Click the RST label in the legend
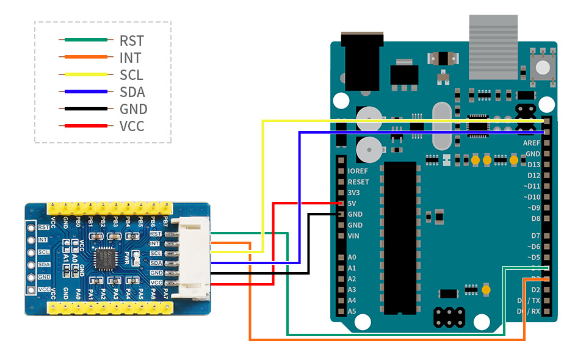131,41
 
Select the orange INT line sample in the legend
85,58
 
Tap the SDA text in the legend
132,92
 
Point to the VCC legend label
132,126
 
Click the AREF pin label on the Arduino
532,142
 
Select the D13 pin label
534,165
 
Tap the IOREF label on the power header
358,171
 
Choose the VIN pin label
353,236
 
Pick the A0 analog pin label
352,257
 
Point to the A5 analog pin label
352,311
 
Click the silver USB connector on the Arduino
493,47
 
